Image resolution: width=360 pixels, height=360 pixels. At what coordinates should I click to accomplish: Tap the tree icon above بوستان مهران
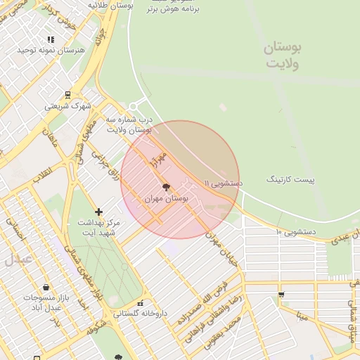[166, 188]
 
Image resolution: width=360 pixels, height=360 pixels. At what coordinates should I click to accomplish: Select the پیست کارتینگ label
[290, 180]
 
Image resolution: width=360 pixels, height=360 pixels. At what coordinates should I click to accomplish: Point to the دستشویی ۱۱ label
[223, 182]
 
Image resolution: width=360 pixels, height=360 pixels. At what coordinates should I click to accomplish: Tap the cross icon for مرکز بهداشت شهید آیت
[98, 212]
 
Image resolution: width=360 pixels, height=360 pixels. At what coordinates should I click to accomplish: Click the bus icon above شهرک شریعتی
[67, 95]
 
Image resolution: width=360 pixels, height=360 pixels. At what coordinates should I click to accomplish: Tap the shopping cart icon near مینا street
[281, 295]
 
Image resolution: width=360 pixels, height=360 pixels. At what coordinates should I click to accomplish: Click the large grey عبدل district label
[18, 258]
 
